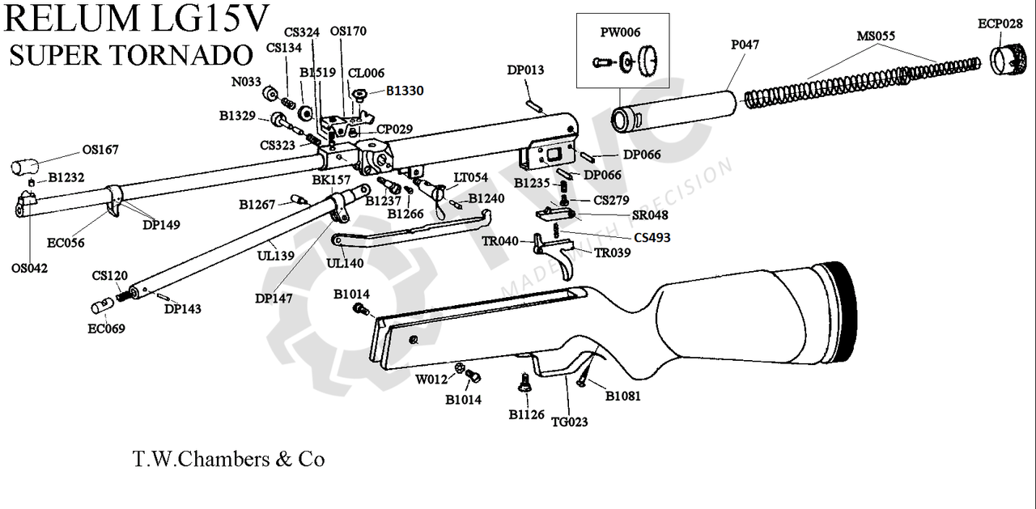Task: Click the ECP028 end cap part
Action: tap(1008, 62)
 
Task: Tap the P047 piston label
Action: tap(745, 45)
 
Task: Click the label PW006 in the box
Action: tap(620, 32)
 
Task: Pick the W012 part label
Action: tap(431, 379)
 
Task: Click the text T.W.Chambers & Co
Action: tap(228, 460)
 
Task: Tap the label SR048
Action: tap(650, 216)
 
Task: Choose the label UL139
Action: tap(275, 255)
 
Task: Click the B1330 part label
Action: tap(404, 91)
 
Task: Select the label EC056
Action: tap(65, 242)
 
